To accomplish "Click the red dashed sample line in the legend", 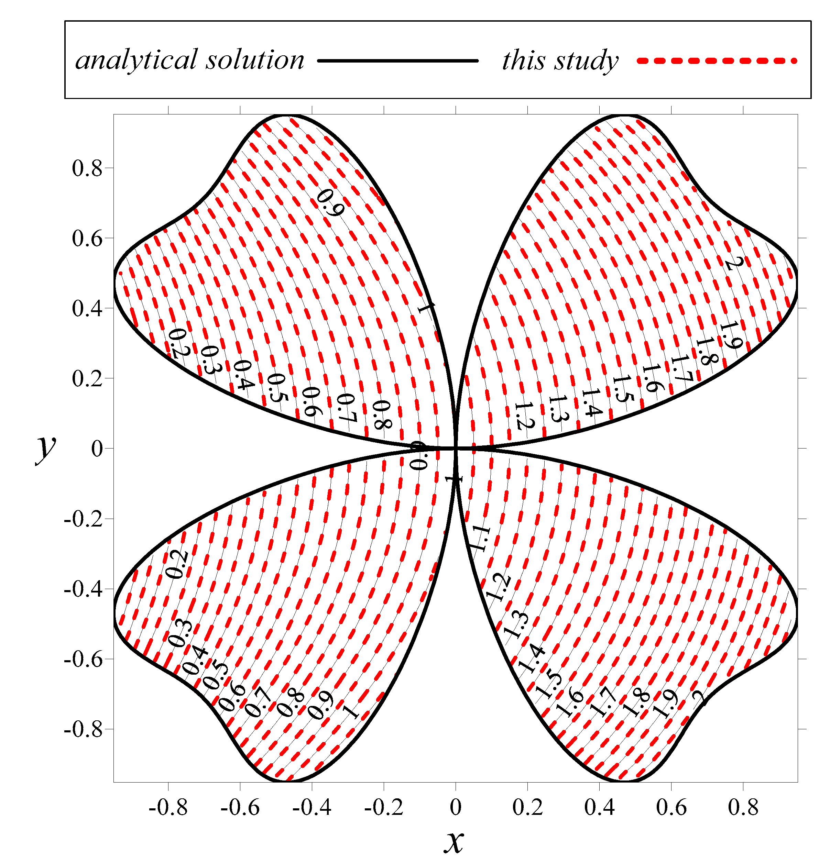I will point(717,61).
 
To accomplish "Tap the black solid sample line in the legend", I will point(397,61).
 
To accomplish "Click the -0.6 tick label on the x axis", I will point(240,808).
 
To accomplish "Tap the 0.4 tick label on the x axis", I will point(599,808).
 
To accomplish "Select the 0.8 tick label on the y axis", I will point(87,168).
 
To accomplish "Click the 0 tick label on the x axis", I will point(456,808).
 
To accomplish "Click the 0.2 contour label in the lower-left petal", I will point(177,564).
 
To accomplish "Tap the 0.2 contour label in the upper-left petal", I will point(178,343).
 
